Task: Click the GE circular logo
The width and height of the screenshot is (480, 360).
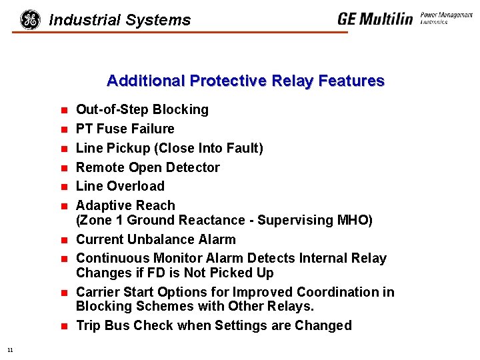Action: pos(30,20)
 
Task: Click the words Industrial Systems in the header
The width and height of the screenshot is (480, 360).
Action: pos(120,21)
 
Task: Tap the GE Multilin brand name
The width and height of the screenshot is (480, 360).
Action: pos(375,19)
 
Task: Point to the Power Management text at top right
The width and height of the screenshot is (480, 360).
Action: pos(446,15)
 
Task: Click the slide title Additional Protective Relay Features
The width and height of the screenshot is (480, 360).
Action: pos(245,81)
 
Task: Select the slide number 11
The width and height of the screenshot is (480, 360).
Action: pos(10,349)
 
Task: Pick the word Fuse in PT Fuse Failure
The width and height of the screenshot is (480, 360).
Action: pos(112,129)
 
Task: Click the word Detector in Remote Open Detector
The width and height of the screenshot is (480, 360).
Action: pos(192,167)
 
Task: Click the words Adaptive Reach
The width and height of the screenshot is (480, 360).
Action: pos(125,205)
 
